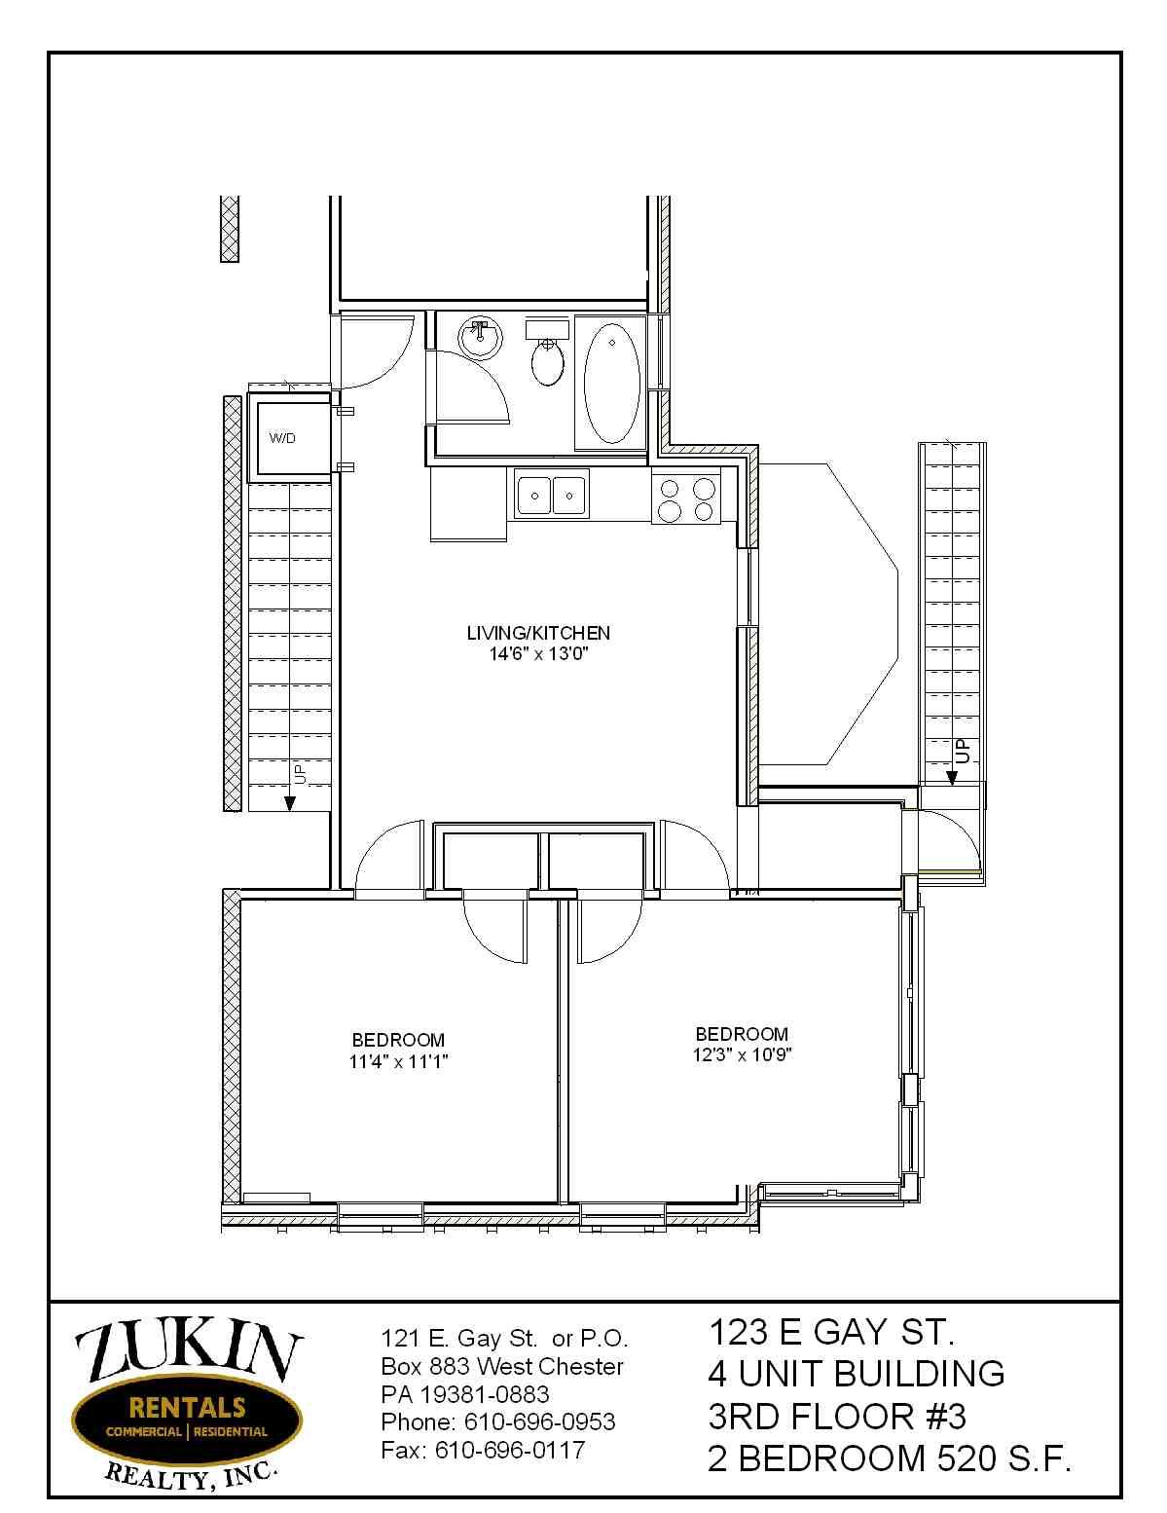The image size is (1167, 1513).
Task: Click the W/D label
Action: click(x=282, y=438)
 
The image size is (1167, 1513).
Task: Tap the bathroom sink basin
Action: click(x=480, y=339)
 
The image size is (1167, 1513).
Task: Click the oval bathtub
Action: click(x=611, y=383)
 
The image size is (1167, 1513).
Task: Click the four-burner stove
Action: click(x=686, y=498)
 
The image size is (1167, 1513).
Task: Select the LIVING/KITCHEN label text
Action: click(x=538, y=633)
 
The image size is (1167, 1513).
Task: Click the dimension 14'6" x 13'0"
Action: click(x=538, y=654)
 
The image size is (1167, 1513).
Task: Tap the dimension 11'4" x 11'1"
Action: click(x=397, y=1061)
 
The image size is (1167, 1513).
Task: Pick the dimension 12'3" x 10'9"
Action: click(x=742, y=1054)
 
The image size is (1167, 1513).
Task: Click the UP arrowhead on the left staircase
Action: click(x=289, y=803)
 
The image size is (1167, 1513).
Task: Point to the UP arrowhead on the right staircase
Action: click(x=951, y=778)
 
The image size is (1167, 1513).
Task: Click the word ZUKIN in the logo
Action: click(x=188, y=1358)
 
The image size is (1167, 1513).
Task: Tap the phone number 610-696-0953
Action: click(x=539, y=1421)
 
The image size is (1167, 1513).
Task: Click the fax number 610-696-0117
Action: click(x=509, y=1450)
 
